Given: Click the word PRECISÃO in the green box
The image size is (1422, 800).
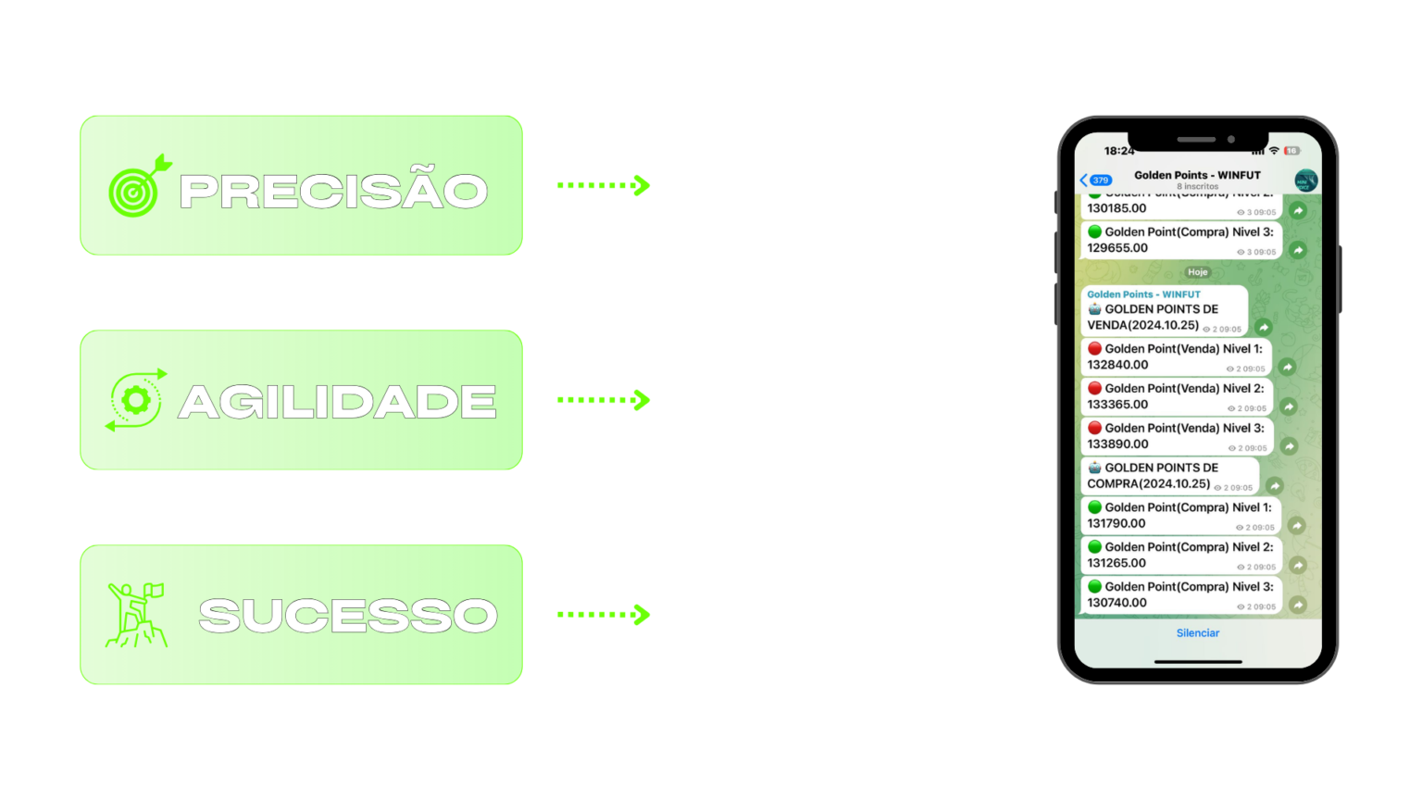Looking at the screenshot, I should [x=333, y=191].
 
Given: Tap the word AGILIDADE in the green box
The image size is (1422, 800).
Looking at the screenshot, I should [x=337, y=402].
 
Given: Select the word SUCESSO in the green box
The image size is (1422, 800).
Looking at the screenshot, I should [x=348, y=616].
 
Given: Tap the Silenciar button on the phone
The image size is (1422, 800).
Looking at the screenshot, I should [x=1197, y=633].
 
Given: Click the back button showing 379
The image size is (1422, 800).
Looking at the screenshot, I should [x=1095, y=180].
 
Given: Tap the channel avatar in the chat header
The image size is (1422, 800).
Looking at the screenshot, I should [x=1305, y=180].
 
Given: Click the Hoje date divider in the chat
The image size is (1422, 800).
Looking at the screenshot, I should [x=1197, y=272].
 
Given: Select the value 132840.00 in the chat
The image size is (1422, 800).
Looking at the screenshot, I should [x=1117, y=365].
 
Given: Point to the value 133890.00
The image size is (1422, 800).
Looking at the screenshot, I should [x=1117, y=444].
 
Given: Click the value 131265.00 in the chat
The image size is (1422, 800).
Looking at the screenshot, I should [x=1116, y=563].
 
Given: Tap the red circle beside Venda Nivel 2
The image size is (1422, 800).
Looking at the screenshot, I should [x=1094, y=389].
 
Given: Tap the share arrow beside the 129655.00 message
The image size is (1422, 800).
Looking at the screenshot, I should [x=1298, y=250].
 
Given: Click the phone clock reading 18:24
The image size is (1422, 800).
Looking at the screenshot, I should [x=1118, y=150].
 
